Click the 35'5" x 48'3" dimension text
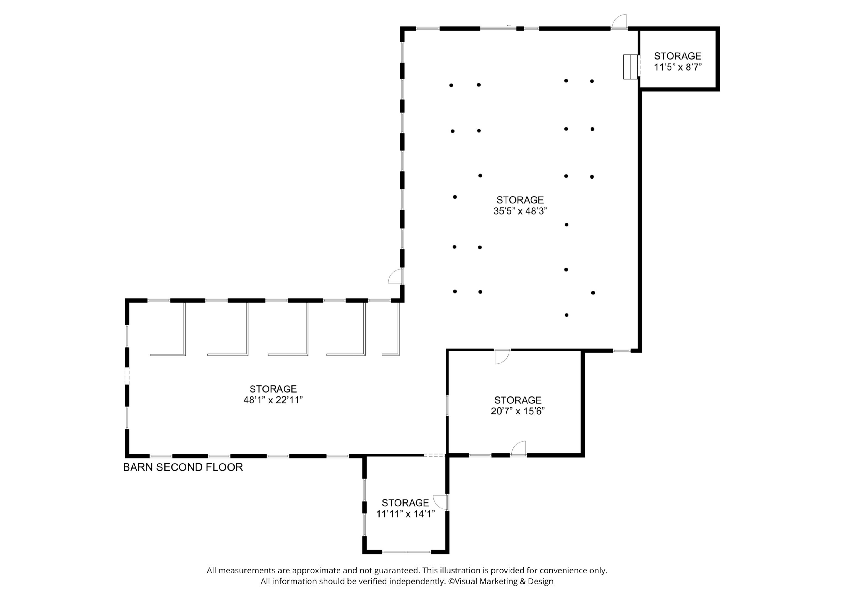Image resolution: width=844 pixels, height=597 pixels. pyautogui.click(x=520, y=211)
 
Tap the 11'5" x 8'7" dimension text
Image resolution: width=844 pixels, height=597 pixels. pyautogui.click(x=677, y=67)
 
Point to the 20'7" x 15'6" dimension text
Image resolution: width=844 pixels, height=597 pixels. pyautogui.click(x=518, y=411)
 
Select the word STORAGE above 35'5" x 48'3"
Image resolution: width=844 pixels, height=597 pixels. pyautogui.click(x=520, y=200)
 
